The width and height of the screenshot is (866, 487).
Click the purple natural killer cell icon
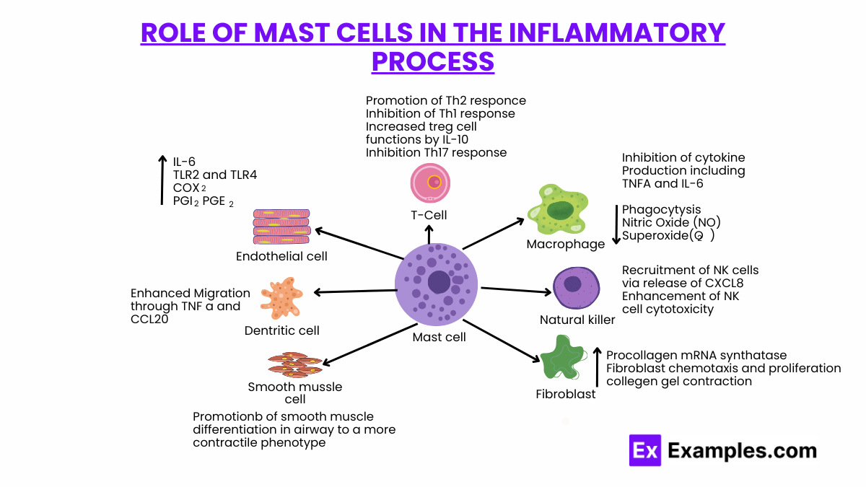coord(575,288)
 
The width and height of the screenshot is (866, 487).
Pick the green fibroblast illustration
coord(564,359)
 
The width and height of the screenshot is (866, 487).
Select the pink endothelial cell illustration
coord(281,228)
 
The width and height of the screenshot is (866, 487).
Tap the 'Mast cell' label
coord(439,337)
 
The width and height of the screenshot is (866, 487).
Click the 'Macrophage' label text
coord(565,245)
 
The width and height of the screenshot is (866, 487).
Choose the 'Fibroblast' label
coord(566,394)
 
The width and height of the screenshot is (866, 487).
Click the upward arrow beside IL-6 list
coord(161,180)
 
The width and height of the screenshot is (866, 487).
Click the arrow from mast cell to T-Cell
coord(429,234)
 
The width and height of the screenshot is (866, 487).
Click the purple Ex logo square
coord(645,450)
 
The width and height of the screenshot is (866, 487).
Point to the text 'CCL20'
coord(149,319)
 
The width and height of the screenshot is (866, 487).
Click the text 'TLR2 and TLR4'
coord(215,175)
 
